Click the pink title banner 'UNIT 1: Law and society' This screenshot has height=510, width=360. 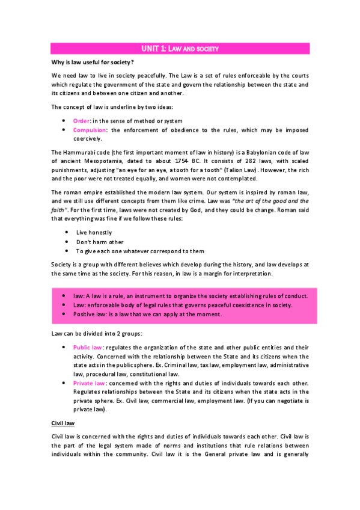pyautogui.click(x=180, y=48)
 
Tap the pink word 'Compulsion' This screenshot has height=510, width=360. pyautogui.click(x=90, y=130)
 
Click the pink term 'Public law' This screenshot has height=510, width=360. pyautogui.click(x=88, y=347)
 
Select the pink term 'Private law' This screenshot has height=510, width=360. pyautogui.click(x=89, y=383)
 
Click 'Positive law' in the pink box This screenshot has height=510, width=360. pyautogui.click(x=90, y=314)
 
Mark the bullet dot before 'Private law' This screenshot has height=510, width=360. pyautogui.click(x=64, y=383)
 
